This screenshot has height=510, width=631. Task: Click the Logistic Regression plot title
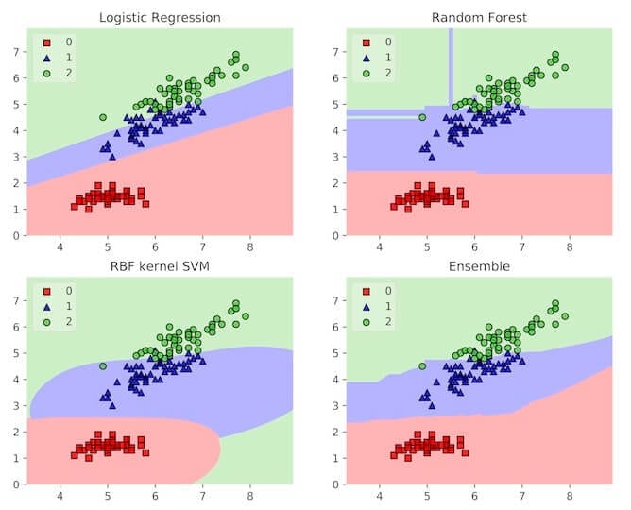pyautogui.click(x=160, y=17)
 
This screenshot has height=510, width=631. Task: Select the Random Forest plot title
pyautogui.click(x=479, y=17)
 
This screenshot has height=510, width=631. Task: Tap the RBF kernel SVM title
pyautogui.click(x=160, y=266)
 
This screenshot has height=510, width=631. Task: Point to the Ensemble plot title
pyautogui.click(x=479, y=266)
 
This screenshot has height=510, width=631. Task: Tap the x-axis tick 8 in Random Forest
pyautogui.click(x=570, y=247)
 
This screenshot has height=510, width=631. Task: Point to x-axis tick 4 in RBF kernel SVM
pyautogui.click(x=60, y=497)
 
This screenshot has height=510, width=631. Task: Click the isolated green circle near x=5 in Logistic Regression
pyautogui.click(x=102, y=117)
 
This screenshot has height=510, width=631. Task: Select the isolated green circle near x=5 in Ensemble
pyautogui.click(x=421, y=366)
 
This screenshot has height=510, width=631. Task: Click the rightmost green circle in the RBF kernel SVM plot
pyautogui.click(x=246, y=316)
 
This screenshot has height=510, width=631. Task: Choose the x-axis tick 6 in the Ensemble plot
pyautogui.click(x=474, y=497)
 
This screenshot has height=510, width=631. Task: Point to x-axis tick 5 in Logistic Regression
pyautogui.click(x=108, y=247)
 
